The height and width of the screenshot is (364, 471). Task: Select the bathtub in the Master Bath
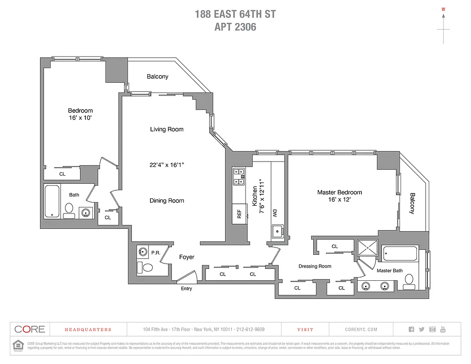[400, 253]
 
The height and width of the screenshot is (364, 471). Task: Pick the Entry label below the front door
[186, 288]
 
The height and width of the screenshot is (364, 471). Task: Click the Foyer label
[186, 257]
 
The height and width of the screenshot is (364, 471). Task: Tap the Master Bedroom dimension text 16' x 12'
[340, 199]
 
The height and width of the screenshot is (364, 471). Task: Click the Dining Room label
[167, 201]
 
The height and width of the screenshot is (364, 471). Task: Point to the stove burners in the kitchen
[239, 177]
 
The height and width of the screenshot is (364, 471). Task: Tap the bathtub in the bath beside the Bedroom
[51, 201]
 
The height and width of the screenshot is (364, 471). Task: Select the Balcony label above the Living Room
[157, 76]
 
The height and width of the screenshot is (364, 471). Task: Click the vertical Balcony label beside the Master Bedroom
[412, 203]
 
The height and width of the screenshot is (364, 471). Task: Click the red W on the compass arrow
[443, 9]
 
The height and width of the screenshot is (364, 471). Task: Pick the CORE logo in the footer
[30, 329]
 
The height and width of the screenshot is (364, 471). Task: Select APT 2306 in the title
[235, 27]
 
